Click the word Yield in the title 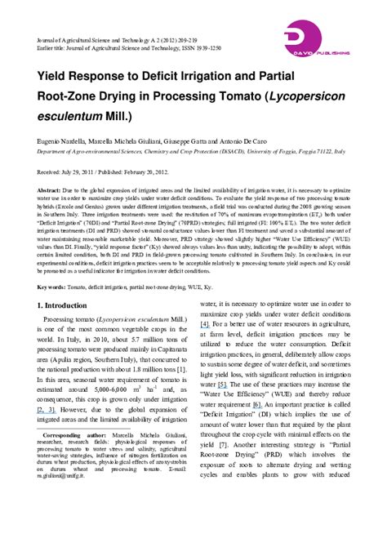pyautogui.click(x=54, y=76)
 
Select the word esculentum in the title pyautogui.click(x=69, y=114)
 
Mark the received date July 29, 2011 pyautogui.click(x=82, y=172)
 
